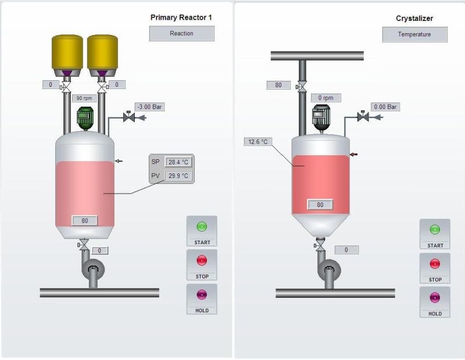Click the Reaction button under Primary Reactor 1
click(181, 34)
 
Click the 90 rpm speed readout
click(84, 98)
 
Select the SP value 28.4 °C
click(178, 162)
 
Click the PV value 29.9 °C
click(178, 176)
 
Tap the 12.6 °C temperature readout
click(256, 141)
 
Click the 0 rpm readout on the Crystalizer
click(325, 98)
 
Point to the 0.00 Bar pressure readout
click(385, 107)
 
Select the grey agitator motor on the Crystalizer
click(320, 116)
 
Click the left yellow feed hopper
click(67, 52)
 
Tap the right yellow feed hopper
click(103, 52)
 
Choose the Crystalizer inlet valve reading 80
click(301, 87)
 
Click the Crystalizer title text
click(414, 19)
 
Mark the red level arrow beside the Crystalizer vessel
click(353, 154)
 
